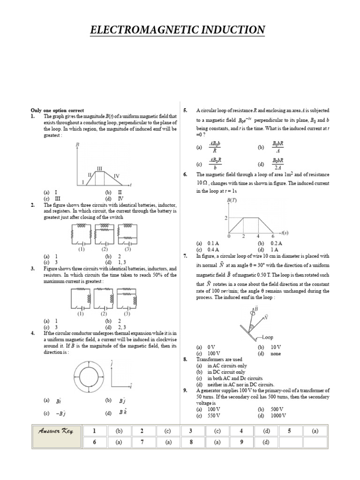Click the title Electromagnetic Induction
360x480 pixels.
click(178, 30)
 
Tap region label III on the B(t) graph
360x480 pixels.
click(99, 168)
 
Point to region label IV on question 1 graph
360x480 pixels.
click(117, 176)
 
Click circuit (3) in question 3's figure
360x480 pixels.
click(127, 300)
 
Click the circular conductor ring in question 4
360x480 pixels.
click(89, 374)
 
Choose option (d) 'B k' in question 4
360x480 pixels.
click(123, 413)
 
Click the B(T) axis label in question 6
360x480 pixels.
click(232, 201)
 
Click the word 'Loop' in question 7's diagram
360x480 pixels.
click(267, 337)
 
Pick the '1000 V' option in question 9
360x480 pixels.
click(277, 415)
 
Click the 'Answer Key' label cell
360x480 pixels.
click(56, 436)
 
